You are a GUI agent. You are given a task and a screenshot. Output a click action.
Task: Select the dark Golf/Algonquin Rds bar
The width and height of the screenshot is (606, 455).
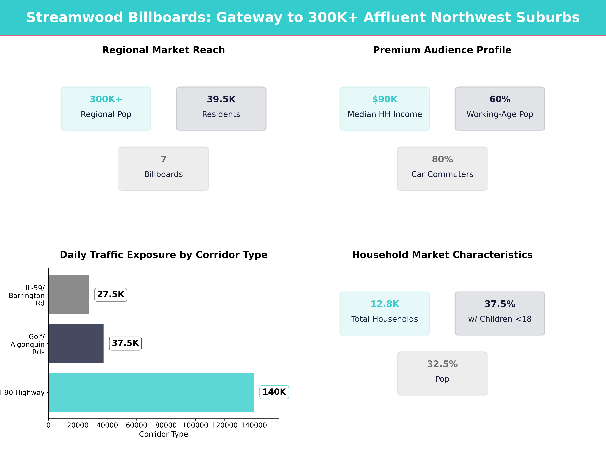[76, 343]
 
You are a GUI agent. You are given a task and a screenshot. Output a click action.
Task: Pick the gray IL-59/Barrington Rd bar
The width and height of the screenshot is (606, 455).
[68, 295]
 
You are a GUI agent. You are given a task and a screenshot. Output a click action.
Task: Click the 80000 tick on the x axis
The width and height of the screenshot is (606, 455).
[166, 425]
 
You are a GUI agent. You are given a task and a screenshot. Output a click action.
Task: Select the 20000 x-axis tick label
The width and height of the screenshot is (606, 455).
[78, 425]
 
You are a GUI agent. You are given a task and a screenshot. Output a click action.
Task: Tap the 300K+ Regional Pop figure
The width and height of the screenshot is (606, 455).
[106, 99]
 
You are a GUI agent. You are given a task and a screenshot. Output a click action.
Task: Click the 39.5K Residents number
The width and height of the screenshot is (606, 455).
[221, 99]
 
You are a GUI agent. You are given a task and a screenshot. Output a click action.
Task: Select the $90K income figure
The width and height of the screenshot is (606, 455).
[385, 99]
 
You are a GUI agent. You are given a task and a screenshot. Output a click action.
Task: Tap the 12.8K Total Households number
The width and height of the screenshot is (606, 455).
[385, 304]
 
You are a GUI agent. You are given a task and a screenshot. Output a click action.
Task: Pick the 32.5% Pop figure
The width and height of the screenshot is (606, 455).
[442, 364]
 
